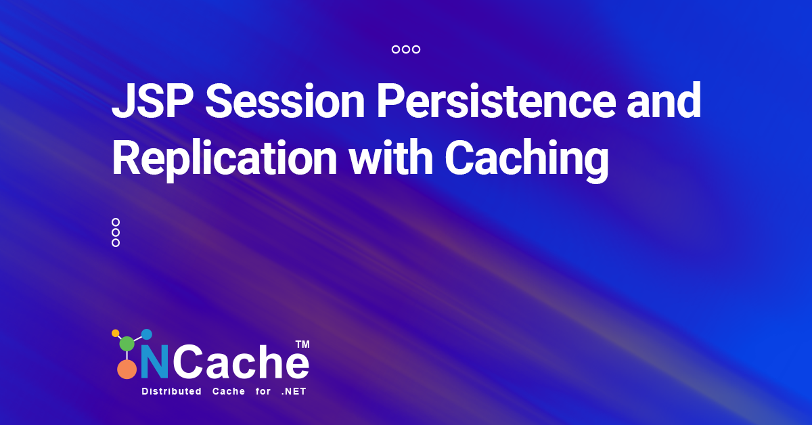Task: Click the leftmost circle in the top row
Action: click(396, 49)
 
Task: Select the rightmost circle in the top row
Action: click(416, 49)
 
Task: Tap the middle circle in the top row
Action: click(406, 49)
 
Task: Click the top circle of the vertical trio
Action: click(116, 222)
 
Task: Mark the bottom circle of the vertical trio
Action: click(116, 243)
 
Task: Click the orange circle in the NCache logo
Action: click(127, 369)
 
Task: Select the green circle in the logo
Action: click(127, 343)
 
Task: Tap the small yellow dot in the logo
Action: click(115, 333)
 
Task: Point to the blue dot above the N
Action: click(146, 334)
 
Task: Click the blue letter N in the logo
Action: click(155, 364)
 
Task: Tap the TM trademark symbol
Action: click(302, 344)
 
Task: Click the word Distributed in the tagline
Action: click(171, 392)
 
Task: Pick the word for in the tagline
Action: click(263, 392)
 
